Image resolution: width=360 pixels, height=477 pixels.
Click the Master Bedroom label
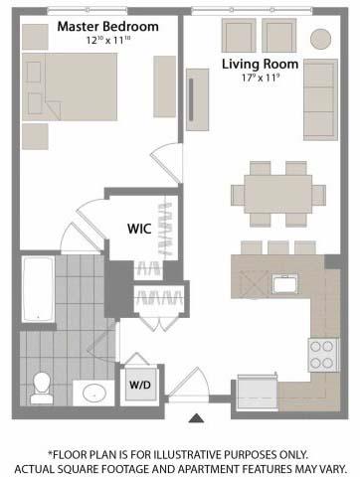point(108,27)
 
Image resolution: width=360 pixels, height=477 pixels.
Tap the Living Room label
point(260,64)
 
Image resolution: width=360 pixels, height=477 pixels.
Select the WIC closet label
point(139,229)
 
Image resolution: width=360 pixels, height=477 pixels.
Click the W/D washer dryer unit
point(140,385)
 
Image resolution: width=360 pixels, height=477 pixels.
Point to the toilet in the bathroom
point(42,388)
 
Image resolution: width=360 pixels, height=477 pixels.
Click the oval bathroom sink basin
point(94,394)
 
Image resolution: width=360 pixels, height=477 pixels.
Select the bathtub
point(38,288)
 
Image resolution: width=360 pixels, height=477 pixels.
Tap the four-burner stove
point(324,355)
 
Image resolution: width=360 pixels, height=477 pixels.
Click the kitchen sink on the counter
point(284,285)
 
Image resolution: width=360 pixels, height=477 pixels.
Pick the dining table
point(278,194)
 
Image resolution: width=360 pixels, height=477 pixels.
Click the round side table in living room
point(320,39)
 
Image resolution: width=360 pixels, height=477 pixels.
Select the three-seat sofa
point(320,99)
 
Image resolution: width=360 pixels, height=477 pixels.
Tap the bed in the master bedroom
point(70,86)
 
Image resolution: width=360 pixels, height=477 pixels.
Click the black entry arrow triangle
point(196,418)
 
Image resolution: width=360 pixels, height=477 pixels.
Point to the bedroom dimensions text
point(108,41)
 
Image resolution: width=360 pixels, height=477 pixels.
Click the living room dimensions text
point(260,78)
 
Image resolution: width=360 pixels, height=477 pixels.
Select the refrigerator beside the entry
point(258,393)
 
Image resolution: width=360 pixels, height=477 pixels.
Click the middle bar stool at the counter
point(278,247)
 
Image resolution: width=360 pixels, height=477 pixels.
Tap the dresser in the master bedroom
point(164,86)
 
